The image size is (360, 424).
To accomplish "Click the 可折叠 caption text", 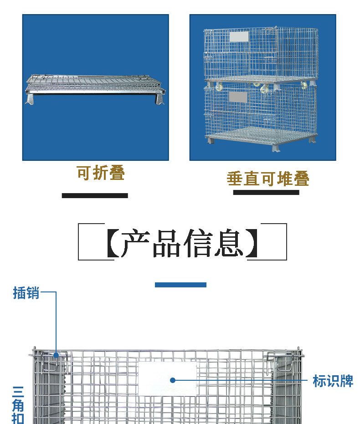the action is click(x=100, y=174).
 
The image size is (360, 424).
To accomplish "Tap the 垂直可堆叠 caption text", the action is click(x=268, y=179).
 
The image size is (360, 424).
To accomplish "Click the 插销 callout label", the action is click(x=26, y=293).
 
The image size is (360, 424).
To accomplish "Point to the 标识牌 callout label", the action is click(x=333, y=381).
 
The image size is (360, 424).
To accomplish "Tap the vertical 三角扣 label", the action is click(x=18, y=404).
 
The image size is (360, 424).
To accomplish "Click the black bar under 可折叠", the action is click(x=95, y=195).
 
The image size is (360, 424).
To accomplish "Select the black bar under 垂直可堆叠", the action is click(x=266, y=192).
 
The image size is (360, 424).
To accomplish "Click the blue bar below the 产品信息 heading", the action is click(x=180, y=285).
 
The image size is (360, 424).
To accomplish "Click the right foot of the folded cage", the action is click(x=159, y=98).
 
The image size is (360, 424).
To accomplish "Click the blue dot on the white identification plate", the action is click(x=172, y=380).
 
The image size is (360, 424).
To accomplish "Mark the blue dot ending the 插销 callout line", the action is click(x=56, y=355).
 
